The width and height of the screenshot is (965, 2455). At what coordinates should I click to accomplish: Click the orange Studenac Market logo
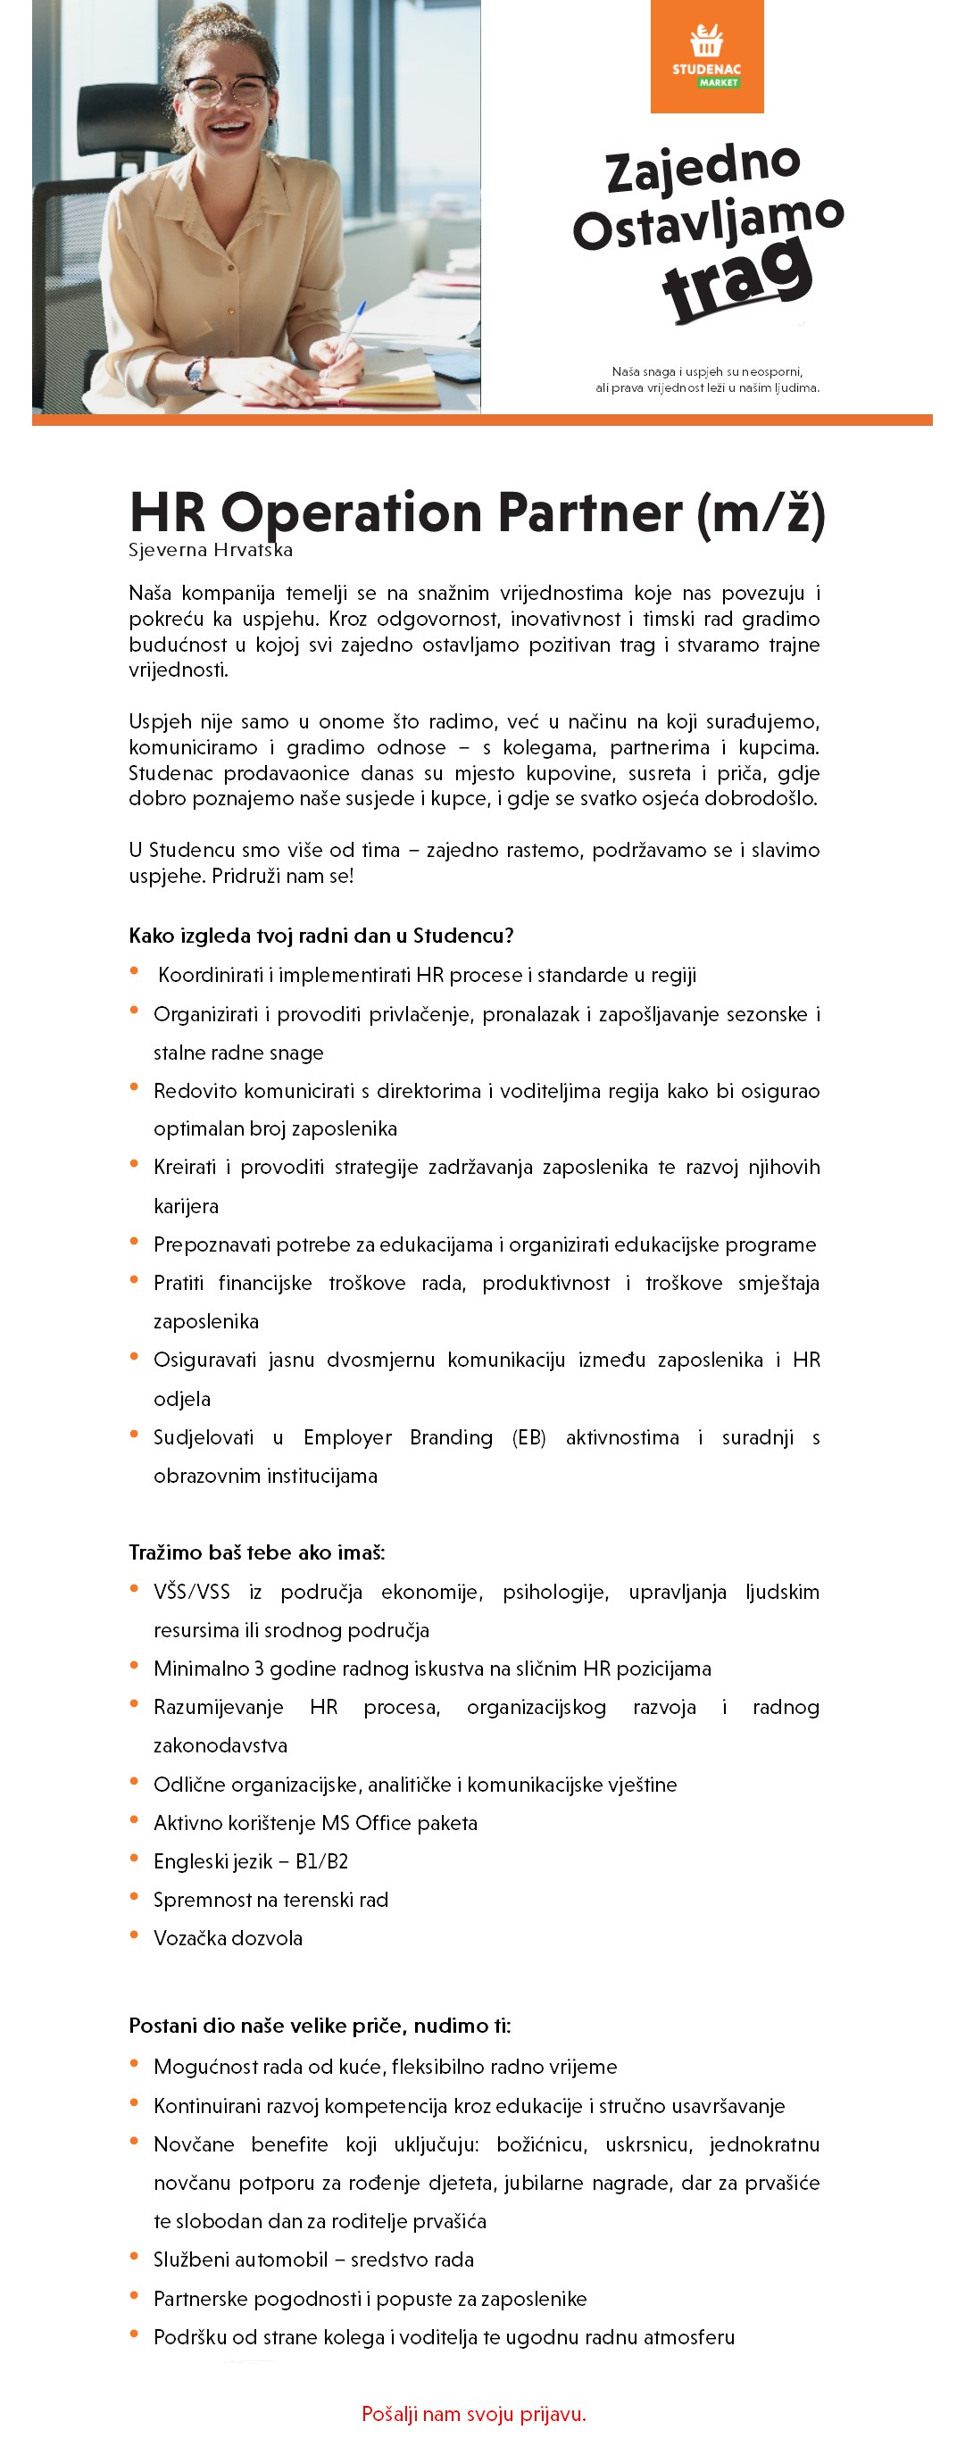(706, 56)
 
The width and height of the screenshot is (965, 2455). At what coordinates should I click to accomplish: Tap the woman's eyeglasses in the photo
(227, 91)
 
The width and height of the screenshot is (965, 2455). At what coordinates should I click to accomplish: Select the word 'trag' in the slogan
(736, 279)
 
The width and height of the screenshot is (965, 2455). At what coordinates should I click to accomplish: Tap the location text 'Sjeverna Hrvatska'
(211, 550)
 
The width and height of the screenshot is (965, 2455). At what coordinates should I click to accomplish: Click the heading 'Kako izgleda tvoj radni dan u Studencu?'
(321, 935)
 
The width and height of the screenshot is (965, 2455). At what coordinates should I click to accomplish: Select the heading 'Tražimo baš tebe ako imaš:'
(256, 1552)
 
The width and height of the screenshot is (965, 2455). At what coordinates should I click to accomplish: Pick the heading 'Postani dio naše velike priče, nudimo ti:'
(319, 2026)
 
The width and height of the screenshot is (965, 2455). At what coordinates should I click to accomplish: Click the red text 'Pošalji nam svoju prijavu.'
(473, 2413)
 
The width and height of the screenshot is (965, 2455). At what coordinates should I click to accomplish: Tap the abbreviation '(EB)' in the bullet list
(528, 1437)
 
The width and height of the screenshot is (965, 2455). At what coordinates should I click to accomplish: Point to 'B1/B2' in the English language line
(321, 1860)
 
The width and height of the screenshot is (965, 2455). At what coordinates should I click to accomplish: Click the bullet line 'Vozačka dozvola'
(228, 1937)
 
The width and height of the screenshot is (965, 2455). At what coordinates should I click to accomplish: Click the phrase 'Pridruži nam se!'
(282, 876)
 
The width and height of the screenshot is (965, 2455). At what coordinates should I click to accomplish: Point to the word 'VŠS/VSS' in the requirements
(191, 1592)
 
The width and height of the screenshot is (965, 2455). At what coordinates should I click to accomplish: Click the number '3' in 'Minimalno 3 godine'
(258, 1668)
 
